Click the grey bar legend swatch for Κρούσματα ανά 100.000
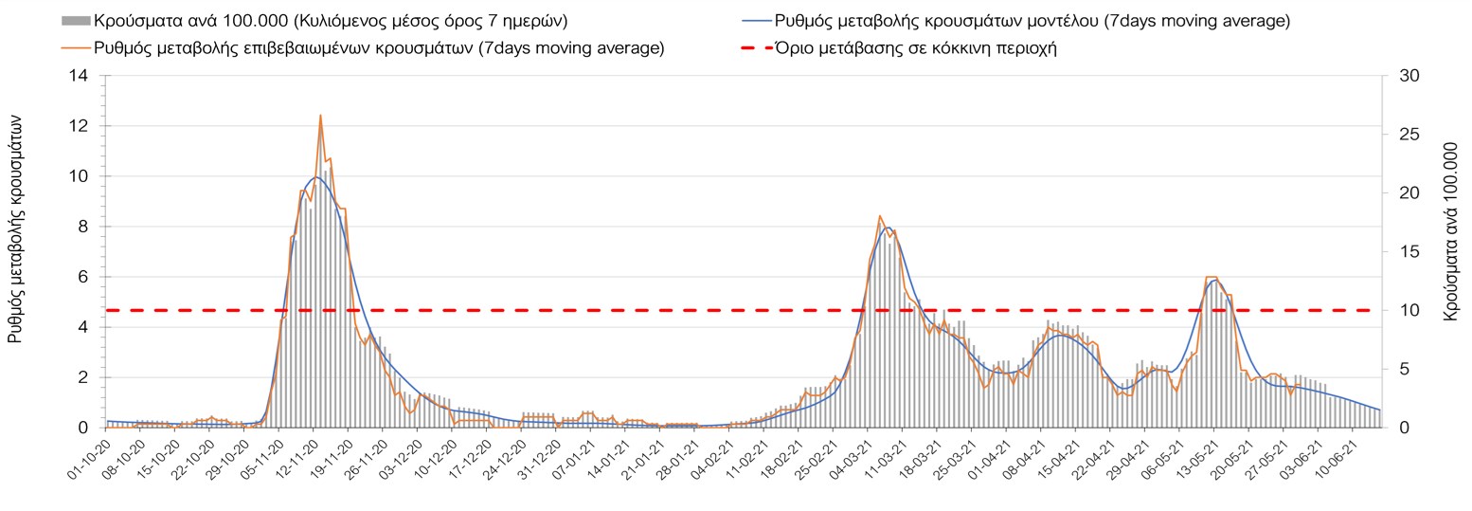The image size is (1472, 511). pos(76,20)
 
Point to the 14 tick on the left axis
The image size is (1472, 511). pos(78,76)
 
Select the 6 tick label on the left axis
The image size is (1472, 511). pos(83,277)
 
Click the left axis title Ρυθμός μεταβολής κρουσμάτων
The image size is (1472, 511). pos(16,228)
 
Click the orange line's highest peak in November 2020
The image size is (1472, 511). pos(320,116)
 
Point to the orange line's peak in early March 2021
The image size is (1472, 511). pos(880,216)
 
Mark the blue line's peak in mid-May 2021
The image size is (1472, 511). pos(1215,281)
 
